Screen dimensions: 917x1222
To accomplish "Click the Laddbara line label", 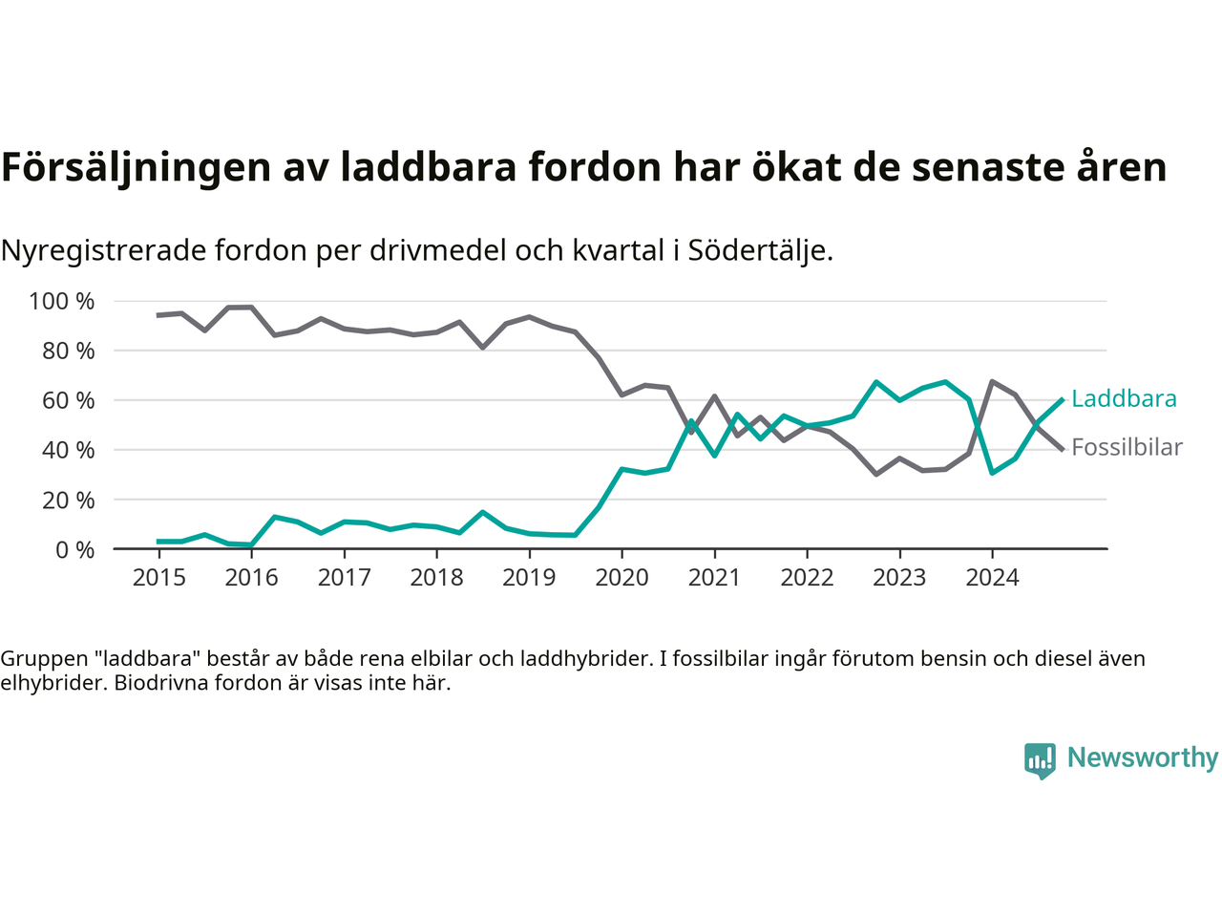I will coord(1124,399).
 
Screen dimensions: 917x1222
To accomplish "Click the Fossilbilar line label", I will coord(1127,447).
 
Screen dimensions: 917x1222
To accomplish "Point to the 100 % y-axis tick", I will coord(62,302).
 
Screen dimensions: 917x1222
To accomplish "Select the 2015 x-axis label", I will coord(158,578).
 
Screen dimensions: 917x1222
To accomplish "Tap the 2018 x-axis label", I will coord(436,578).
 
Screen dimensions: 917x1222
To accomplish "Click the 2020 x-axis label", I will coord(622,578).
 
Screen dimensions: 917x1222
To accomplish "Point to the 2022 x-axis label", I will coord(807,578).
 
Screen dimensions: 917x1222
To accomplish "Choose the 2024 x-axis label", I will coord(992,578).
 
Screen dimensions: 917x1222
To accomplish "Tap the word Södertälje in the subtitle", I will coord(760,250).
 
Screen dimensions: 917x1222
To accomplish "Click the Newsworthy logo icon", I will coord(1040,760).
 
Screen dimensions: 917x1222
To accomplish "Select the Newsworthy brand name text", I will coord(1143,757).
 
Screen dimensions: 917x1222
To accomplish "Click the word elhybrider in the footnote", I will coord(53,683).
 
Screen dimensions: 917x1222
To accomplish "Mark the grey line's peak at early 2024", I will coord(992,381).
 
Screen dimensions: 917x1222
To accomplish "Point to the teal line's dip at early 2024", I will coord(992,473).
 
